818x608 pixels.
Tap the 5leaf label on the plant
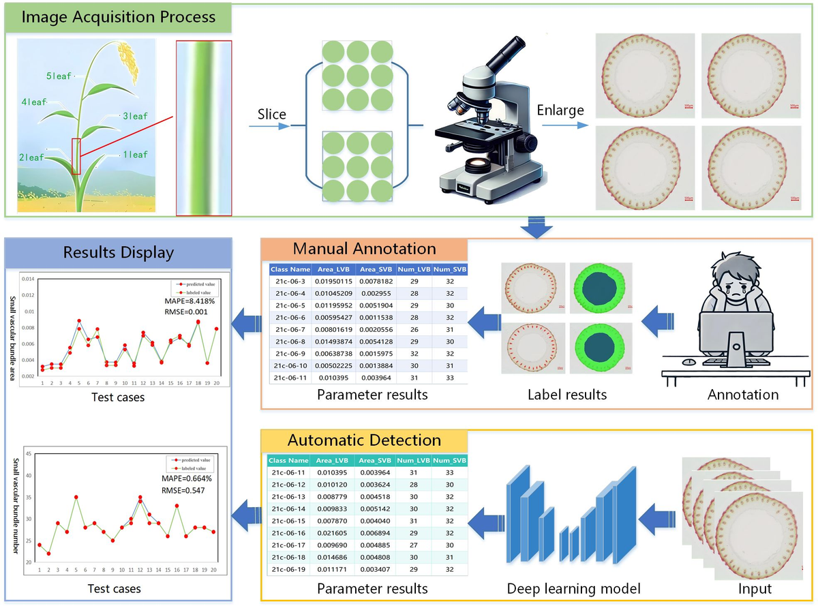(x=59, y=76)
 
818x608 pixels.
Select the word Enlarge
(x=560, y=110)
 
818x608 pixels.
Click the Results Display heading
(x=119, y=252)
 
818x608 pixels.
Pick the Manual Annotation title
(x=364, y=248)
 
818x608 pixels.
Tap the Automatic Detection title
(x=364, y=440)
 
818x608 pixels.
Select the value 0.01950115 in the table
(x=333, y=281)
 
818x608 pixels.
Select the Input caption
(x=755, y=588)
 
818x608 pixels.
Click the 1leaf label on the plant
(x=134, y=155)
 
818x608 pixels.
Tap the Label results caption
(x=567, y=395)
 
